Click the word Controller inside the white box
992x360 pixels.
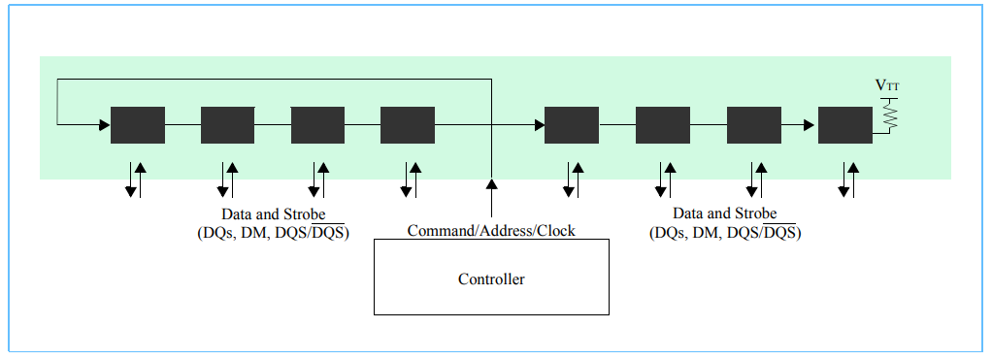pyautogui.click(x=491, y=279)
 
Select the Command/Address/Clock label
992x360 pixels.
pyautogui.click(x=491, y=231)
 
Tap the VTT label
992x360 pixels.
pyautogui.click(x=887, y=86)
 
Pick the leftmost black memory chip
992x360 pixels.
pyautogui.click(x=138, y=125)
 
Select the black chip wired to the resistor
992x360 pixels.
pyautogui.click(x=844, y=125)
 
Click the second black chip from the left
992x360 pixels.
pyautogui.click(x=227, y=125)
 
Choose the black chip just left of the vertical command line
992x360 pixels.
pyautogui.click(x=407, y=125)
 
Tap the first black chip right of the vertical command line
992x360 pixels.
pyautogui.click(x=572, y=125)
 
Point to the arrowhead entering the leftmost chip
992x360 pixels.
pyautogui.click(x=104, y=125)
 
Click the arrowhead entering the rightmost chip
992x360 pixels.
pyautogui.click(x=811, y=125)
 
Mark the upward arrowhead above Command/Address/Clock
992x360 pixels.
pyautogui.click(x=491, y=184)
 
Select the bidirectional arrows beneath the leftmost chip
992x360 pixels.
pyautogui.click(x=136, y=180)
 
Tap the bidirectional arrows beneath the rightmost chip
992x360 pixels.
pyautogui.click(x=847, y=180)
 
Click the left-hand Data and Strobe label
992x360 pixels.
pyautogui.click(x=273, y=213)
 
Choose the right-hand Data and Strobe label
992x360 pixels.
pyautogui.click(x=724, y=213)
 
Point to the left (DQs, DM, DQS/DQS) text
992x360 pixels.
pyautogui.click(x=273, y=233)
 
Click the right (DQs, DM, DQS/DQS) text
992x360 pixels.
pyautogui.click(x=724, y=233)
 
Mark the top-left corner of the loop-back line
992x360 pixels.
pyautogui.click(x=58, y=81)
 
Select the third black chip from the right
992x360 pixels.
pyautogui.click(x=662, y=125)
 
